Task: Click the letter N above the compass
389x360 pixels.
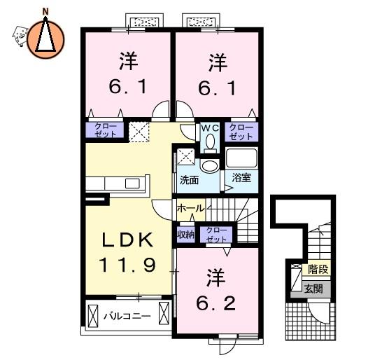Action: (45, 11)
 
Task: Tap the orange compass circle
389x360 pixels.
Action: (45, 40)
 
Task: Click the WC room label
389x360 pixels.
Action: (210, 128)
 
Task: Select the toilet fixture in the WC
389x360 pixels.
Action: (210, 144)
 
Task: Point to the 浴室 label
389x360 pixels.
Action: (241, 178)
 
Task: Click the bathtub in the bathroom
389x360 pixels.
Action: (241, 158)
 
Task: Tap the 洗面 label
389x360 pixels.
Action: (190, 180)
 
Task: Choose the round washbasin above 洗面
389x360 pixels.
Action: (210, 165)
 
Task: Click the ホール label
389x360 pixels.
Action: (191, 209)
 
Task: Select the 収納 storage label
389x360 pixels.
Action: (186, 235)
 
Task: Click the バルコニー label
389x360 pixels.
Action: (127, 316)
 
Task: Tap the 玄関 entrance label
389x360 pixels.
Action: (314, 289)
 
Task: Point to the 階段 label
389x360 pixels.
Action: (318, 269)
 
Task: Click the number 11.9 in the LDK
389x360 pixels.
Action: (127, 265)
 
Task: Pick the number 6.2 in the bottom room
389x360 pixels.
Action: (215, 303)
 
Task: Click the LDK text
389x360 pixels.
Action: (128, 240)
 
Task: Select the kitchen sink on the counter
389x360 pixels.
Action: (132, 184)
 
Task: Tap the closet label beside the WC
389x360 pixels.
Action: (241, 132)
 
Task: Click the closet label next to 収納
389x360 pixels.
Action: (217, 235)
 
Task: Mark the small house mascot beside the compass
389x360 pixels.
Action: (20, 36)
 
